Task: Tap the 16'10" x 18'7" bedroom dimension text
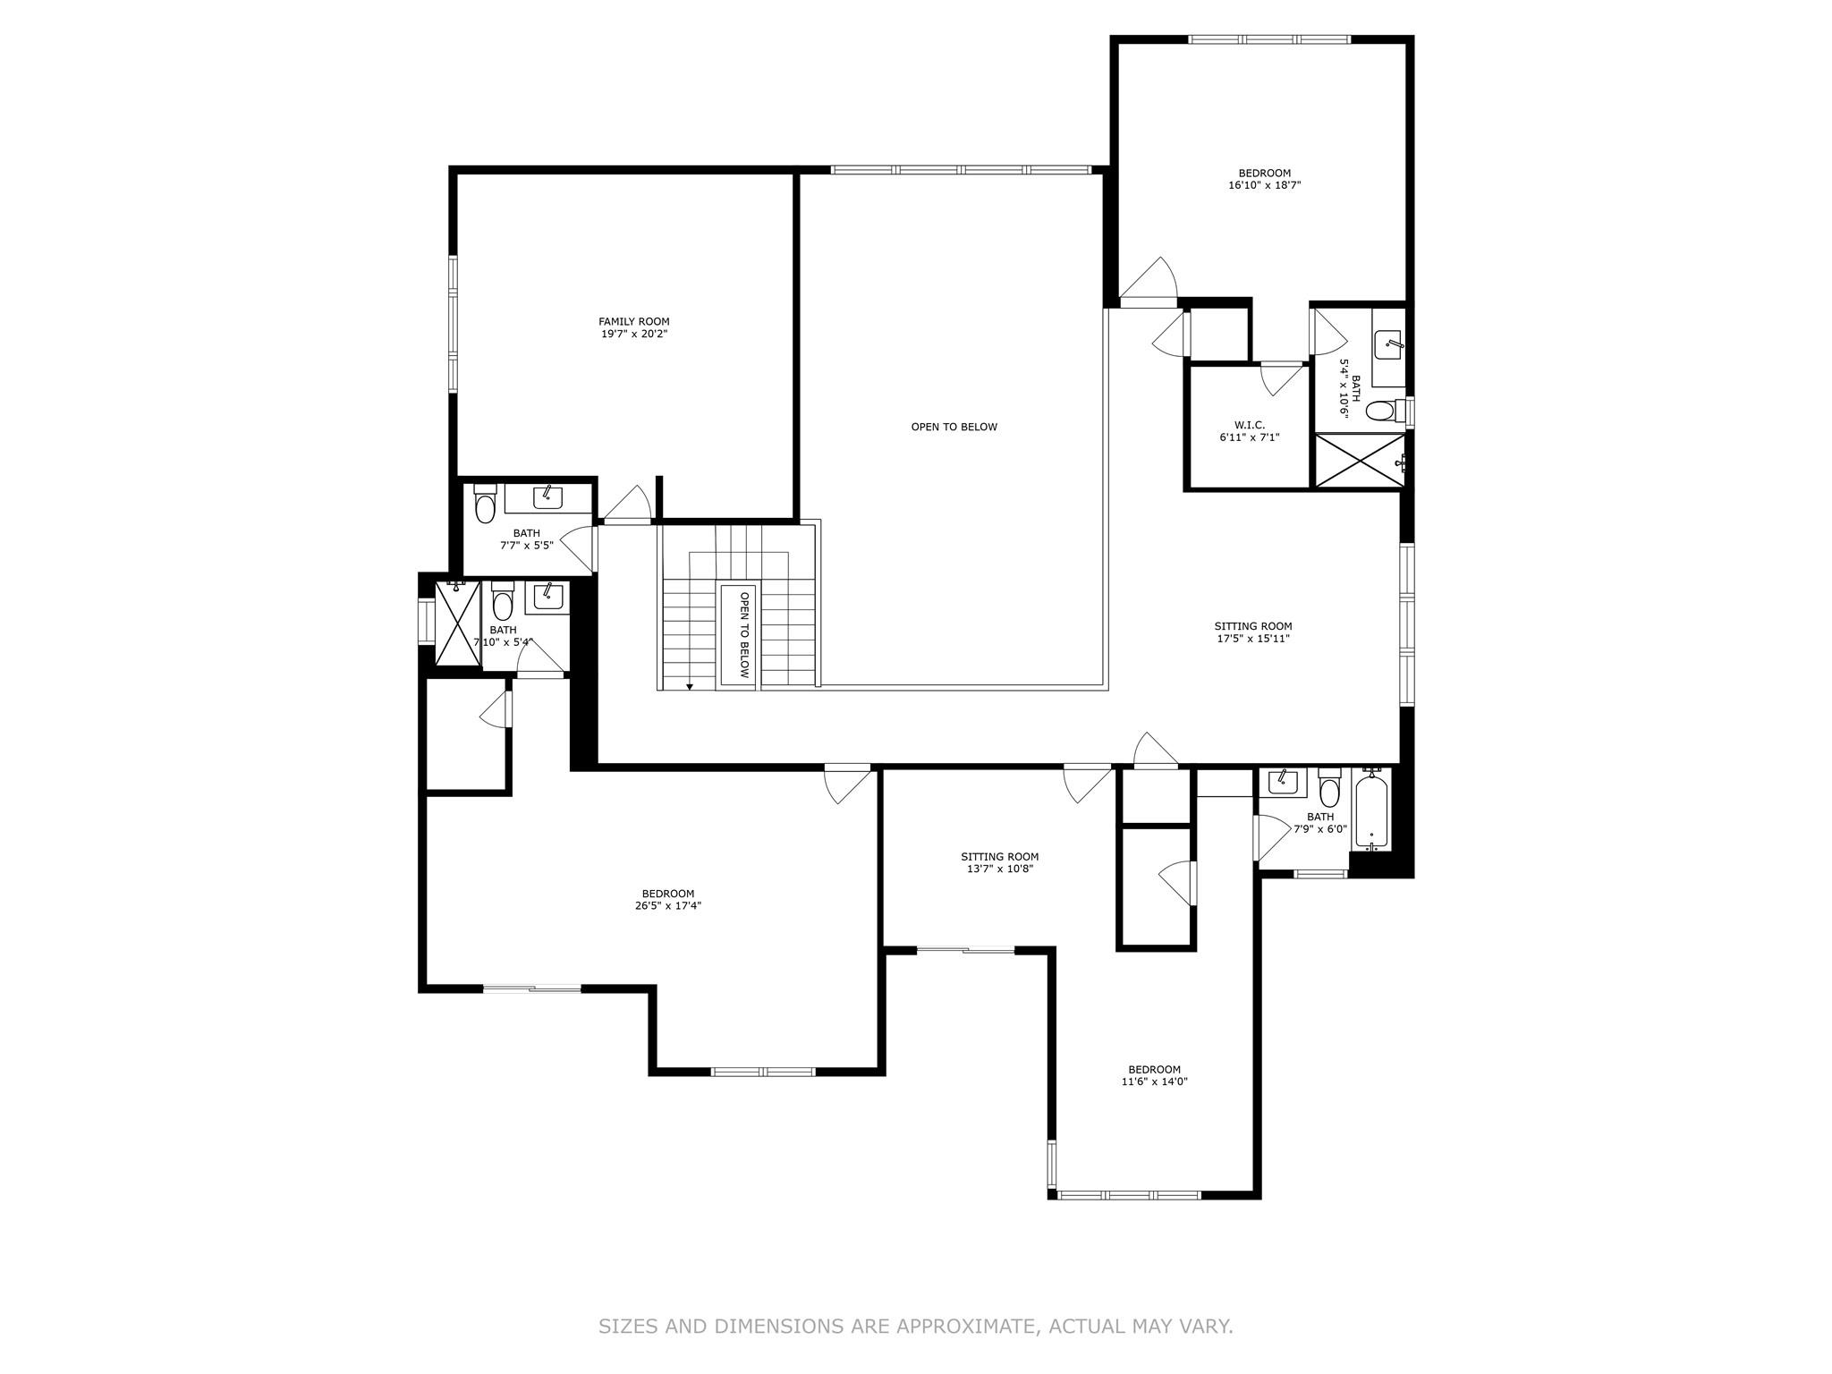pos(1264,186)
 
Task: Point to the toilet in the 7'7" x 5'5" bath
pos(485,505)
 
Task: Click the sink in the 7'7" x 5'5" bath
pos(547,497)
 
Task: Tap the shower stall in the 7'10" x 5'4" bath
pos(457,623)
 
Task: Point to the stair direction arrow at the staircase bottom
pos(690,686)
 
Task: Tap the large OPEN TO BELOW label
pos(954,427)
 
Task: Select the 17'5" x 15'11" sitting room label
pos(1252,632)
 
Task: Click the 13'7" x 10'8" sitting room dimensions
pos(999,869)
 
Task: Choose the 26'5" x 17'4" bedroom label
pos(667,899)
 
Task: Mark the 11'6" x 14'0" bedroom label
pos(1154,1075)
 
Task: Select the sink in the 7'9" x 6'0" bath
pos(1283,783)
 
